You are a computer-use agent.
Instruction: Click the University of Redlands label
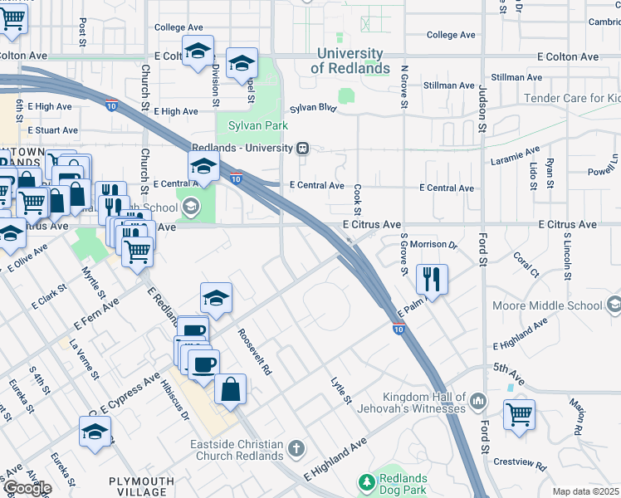(x=350, y=61)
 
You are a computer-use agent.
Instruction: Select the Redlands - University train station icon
(x=303, y=148)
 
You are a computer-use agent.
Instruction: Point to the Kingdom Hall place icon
(x=477, y=403)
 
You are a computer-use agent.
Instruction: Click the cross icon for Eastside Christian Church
(x=296, y=450)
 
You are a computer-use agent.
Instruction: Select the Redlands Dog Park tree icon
(x=366, y=482)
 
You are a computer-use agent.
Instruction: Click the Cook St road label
(x=358, y=200)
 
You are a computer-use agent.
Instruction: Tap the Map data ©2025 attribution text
(x=586, y=491)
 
